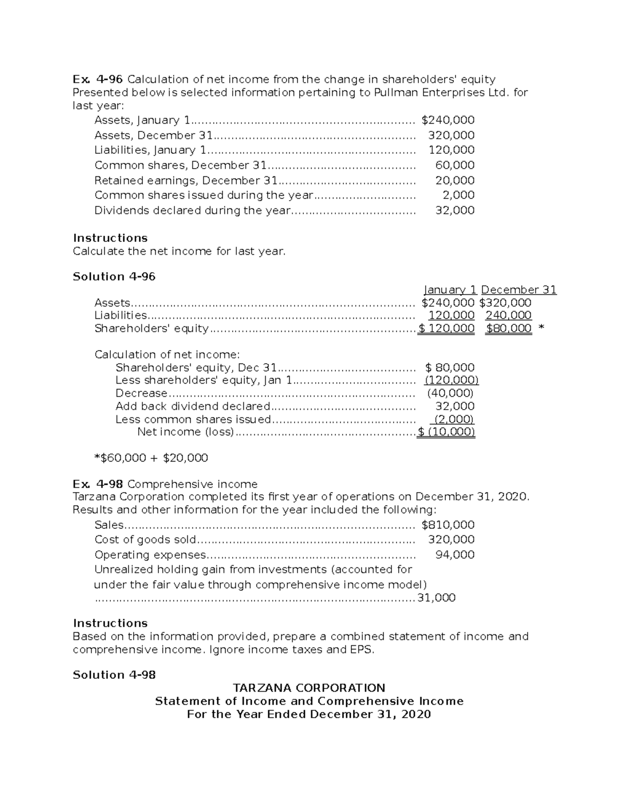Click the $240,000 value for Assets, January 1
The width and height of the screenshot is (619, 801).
click(448, 120)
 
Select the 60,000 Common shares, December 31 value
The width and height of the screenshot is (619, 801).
click(455, 165)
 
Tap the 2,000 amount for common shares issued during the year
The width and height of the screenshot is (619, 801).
click(459, 195)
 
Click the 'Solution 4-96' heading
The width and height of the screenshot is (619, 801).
click(114, 276)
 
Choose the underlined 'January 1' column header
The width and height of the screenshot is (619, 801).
click(450, 290)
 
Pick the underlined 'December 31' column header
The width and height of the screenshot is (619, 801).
click(518, 290)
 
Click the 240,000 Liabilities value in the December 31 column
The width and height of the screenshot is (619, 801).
click(508, 315)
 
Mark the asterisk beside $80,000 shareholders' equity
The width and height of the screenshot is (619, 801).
click(541, 329)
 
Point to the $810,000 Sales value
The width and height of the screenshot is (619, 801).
click(448, 525)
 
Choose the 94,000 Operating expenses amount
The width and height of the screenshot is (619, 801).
click(455, 555)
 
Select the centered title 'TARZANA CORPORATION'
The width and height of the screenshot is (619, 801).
click(309, 688)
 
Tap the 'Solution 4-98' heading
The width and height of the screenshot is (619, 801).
click(114, 675)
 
